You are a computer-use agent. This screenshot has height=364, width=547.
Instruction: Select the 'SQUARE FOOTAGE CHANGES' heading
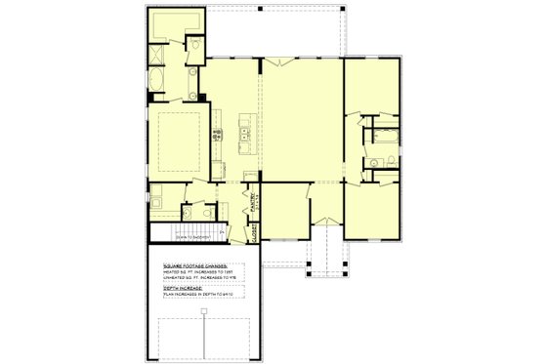[196, 265]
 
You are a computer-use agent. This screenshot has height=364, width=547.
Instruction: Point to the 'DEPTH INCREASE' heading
[186, 288]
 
